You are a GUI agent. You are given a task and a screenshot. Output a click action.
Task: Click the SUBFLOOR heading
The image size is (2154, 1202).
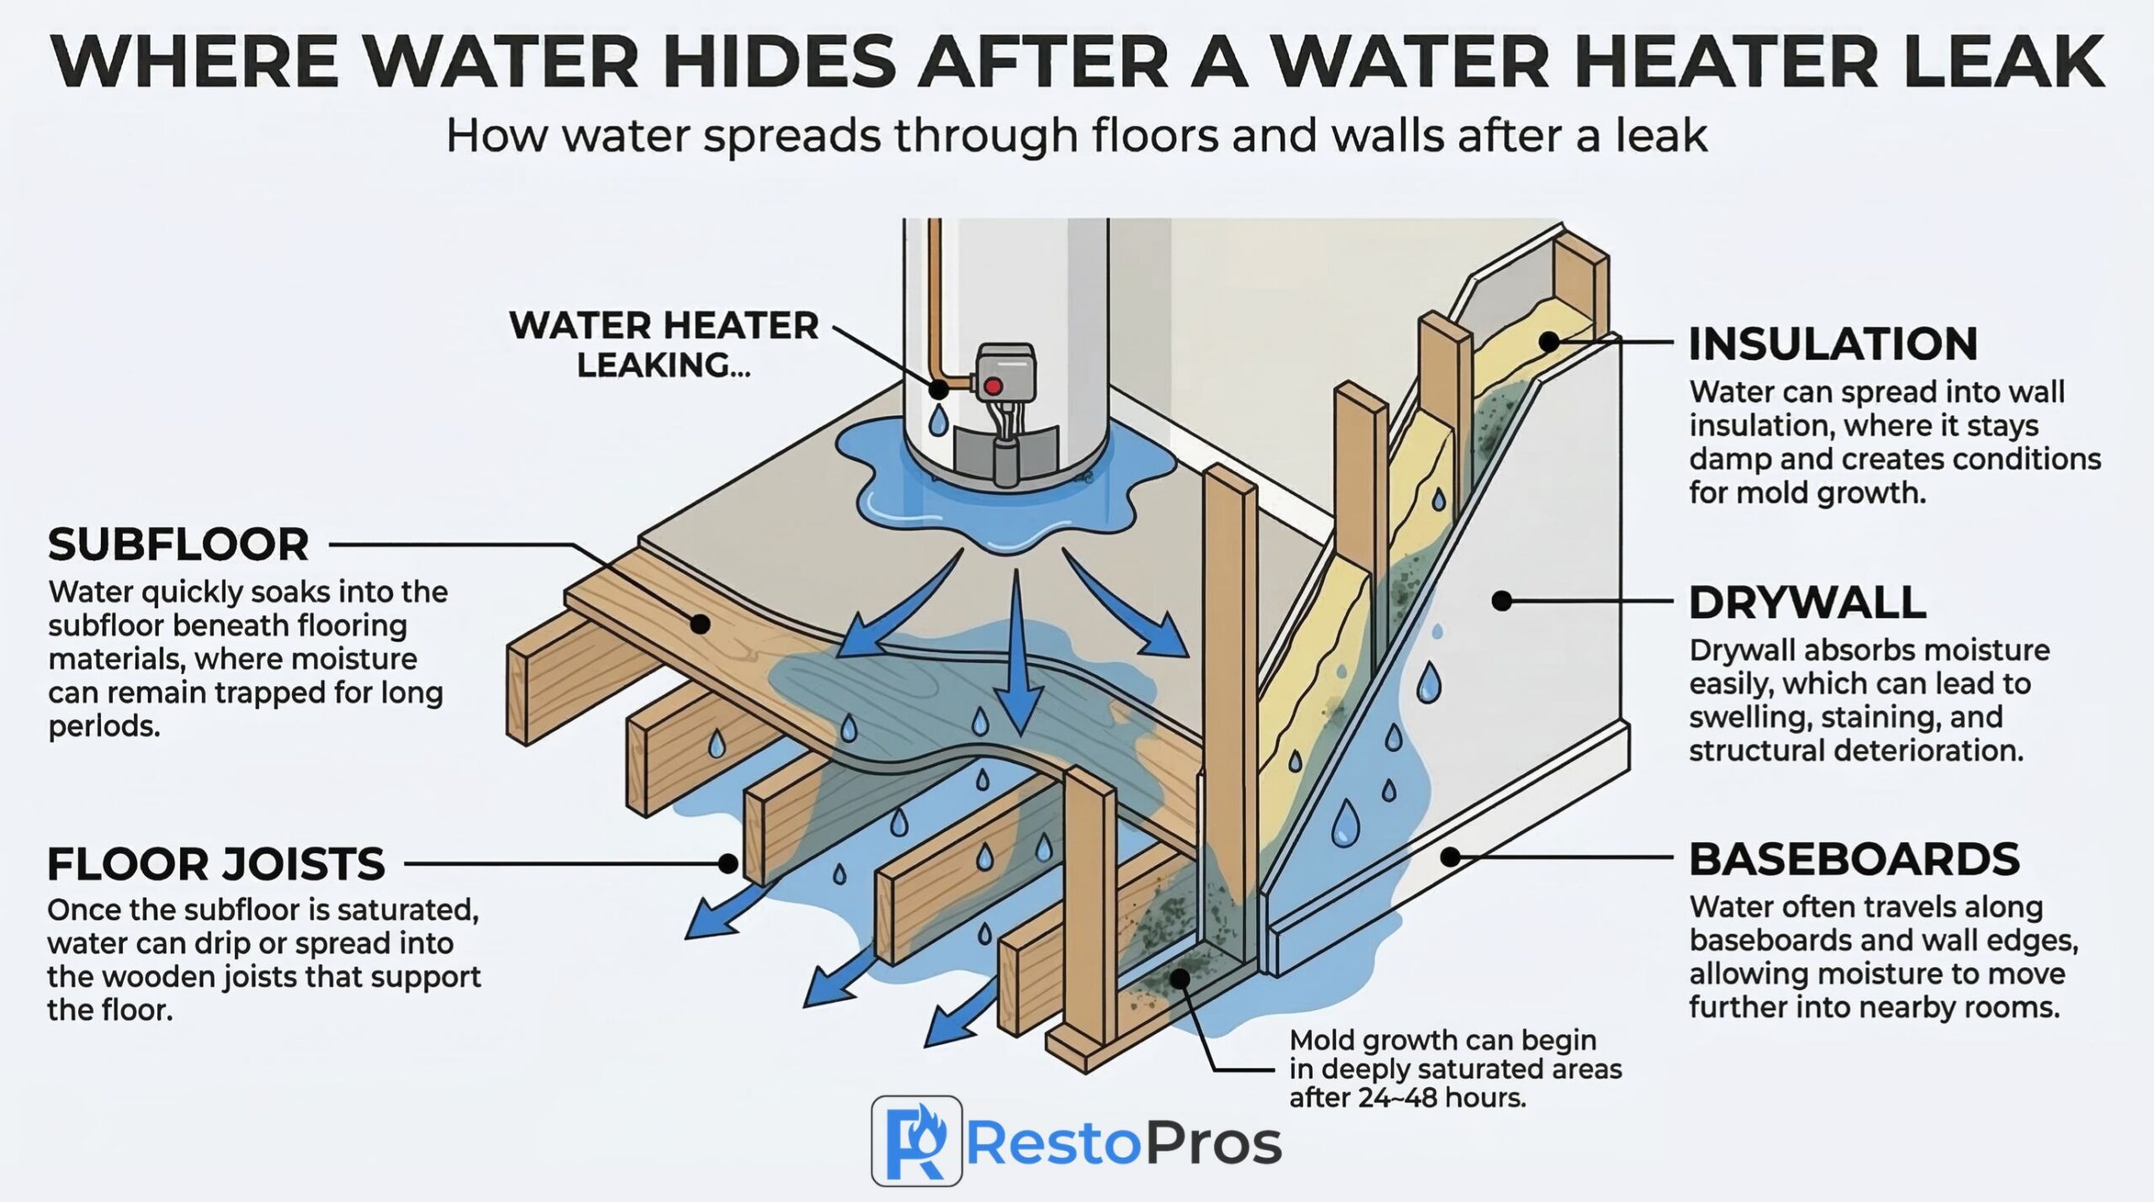tap(178, 545)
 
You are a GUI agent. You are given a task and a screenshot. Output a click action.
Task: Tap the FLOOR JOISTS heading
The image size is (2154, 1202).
tap(216, 864)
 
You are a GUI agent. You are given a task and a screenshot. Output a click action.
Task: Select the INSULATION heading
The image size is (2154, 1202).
tap(1833, 344)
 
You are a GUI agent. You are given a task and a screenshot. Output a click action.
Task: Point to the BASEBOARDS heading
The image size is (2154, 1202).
tap(1854, 859)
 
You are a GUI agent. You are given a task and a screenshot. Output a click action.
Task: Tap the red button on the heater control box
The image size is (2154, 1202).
tap(994, 386)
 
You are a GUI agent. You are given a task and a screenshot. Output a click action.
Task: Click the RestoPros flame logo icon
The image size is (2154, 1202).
tap(916, 1141)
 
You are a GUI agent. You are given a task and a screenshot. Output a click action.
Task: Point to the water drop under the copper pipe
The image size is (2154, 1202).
tap(938, 419)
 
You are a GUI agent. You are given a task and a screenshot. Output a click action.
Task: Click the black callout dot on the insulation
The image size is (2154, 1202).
tap(1549, 342)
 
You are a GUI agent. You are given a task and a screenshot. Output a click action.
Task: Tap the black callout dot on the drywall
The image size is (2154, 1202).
tap(1502, 601)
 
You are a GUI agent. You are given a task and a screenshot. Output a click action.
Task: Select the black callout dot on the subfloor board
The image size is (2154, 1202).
tap(699, 624)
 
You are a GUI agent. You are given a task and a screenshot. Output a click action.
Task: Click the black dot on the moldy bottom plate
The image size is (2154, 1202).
tap(1180, 978)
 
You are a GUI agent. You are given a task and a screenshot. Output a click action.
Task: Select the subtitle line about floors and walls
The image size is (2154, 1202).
tap(1076, 136)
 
